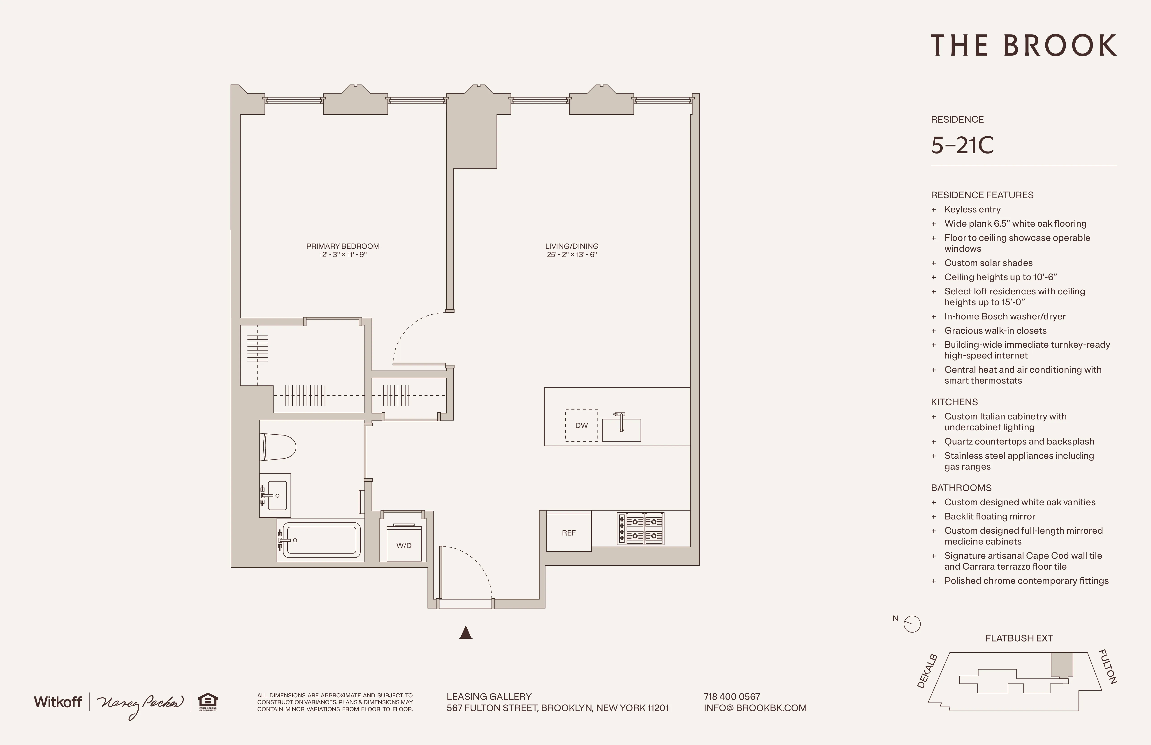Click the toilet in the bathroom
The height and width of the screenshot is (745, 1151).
click(278, 447)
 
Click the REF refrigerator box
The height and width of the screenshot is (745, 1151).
click(569, 533)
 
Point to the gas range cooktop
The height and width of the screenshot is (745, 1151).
click(640, 529)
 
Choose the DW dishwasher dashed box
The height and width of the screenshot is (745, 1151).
click(581, 425)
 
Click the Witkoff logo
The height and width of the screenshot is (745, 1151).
click(58, 702)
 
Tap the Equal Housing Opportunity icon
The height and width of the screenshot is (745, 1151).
click(208, 701)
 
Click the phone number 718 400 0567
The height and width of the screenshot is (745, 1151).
click(732, 697)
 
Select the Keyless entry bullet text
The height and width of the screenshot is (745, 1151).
click(972, 210)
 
